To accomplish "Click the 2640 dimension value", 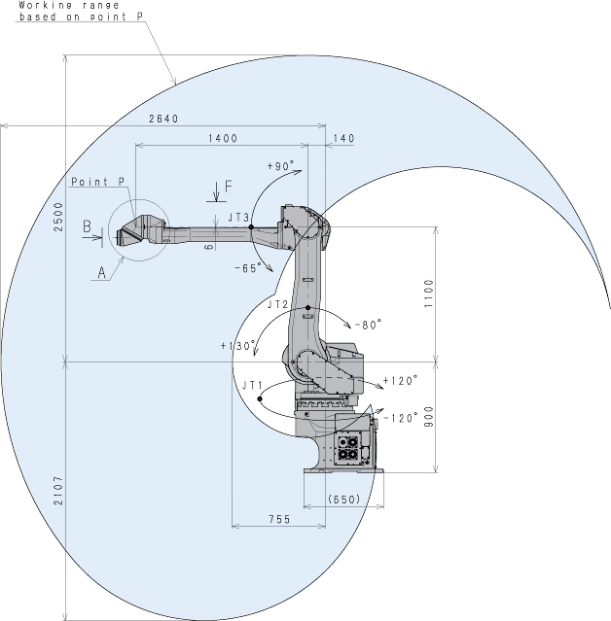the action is pos(163,119).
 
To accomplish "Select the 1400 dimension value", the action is pos(223,138).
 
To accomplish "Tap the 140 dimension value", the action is pos(343,138).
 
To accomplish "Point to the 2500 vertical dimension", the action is pos(58,217).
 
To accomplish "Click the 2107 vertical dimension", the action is pos(58,491).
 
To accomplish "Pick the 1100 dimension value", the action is pos(429,293).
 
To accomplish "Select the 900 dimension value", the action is pos(429,417).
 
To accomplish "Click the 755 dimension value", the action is pos(279,519).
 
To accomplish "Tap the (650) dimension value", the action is pos(344,499).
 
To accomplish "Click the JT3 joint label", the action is pos(238,218).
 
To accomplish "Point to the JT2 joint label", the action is pos(277,304).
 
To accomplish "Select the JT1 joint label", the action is pos(253,386).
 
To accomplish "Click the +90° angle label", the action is pos(281,165).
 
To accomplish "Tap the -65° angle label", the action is pos(248,268).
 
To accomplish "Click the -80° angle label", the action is pos(368,325).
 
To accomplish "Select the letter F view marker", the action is pos(229,187).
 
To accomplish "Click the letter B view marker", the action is pos(87,226).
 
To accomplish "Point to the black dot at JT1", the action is pos(260,398).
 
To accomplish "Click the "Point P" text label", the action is pos(98,182).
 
